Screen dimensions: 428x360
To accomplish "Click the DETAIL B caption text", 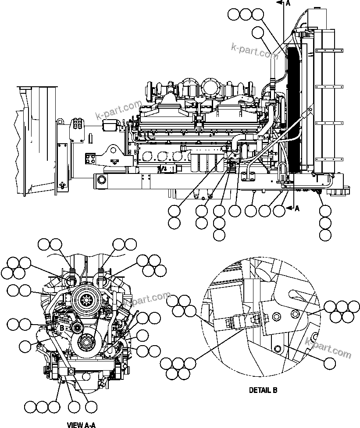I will point(263,390).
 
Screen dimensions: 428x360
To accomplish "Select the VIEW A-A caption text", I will point(81,424).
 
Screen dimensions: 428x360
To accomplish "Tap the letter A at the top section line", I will point(288,4).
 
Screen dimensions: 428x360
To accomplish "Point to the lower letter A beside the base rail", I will point(297,209).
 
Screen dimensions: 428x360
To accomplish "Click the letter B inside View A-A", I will point(62,327).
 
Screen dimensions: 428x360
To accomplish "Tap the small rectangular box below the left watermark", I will point(110,126).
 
